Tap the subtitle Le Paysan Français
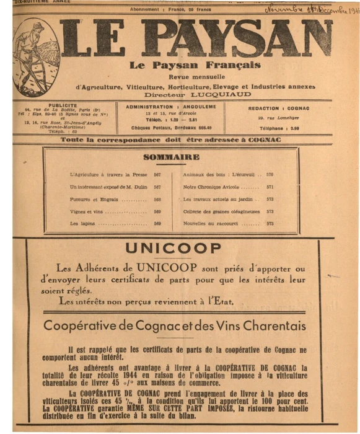click(195, 66)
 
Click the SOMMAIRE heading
click(171, 157)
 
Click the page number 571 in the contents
click(270, 187)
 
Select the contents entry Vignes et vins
click(87, 211)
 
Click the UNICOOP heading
click(173, 249)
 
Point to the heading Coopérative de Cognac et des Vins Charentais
click(175, 326)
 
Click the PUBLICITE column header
click(63, 105)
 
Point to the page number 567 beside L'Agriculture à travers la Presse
click(157, 175)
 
